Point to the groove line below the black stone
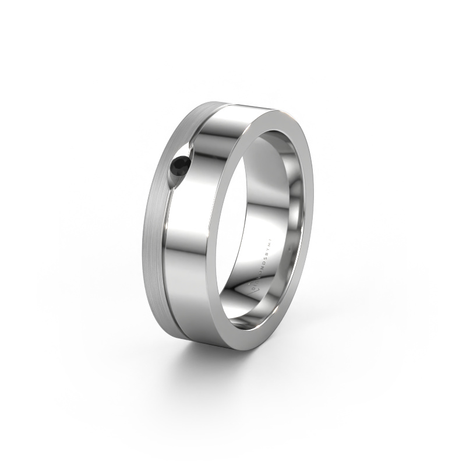tap(175, 262)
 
